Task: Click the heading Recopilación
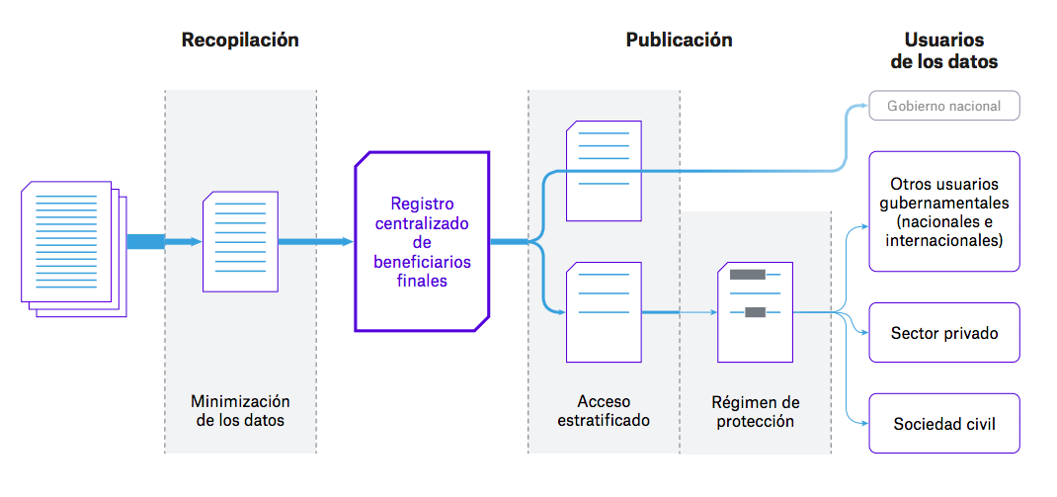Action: [x=240, y=41]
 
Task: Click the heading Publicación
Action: [x=679, y=41]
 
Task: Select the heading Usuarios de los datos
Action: [x=943, y=51]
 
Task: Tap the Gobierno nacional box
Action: [x=943, y=106]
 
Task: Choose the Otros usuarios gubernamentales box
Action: [x=943, y=211]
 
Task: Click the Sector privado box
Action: [x=943, y=333]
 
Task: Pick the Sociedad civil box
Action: [x=943, y=424]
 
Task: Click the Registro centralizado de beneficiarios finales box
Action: [x=422, y=241]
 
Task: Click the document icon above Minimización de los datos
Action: [x=240, y=241]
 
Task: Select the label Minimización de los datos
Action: [x=240, y=411]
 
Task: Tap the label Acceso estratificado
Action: [x=604, y=411]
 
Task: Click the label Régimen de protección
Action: [x=755, y=412]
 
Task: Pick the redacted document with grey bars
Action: [x=755, y=312]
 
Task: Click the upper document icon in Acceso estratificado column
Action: [x=604, y=170]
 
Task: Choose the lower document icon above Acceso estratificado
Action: [x=604, y=312]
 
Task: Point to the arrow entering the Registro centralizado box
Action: [x=316, y=242]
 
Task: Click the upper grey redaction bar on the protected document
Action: [x=747, y=275]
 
